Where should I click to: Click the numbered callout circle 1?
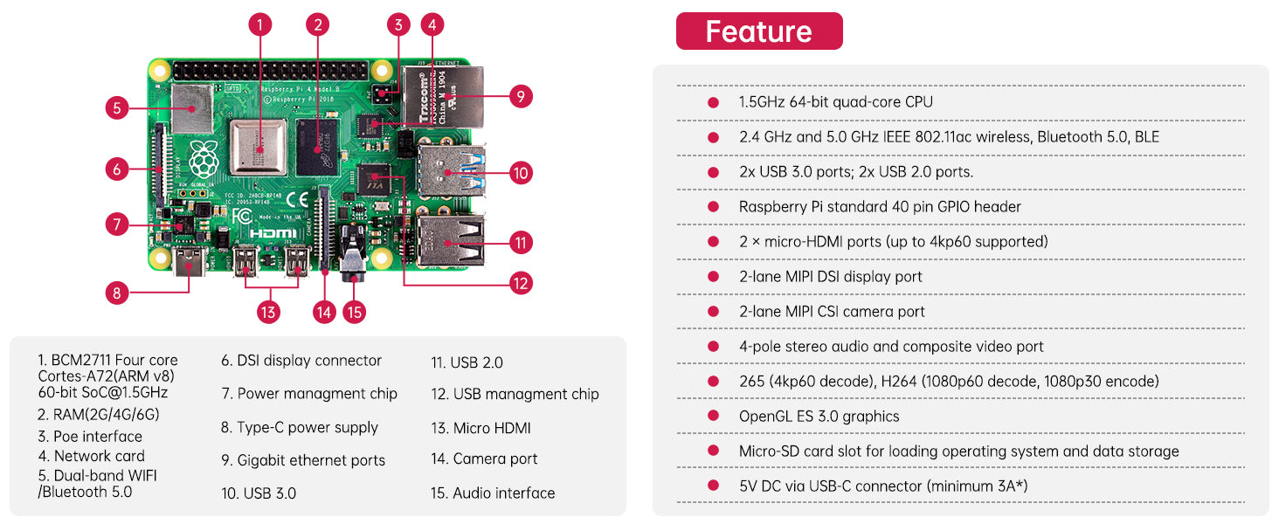pyautogui.click(x=259, y=24)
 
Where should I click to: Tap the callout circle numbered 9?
pyautogui.click(x=520, y=96)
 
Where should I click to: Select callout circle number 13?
pyautogui.click(x=269, y=312)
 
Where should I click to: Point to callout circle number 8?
pyautogui.click(x=117, y=293)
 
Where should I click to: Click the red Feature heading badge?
pyautogui.click(x=758, y=31)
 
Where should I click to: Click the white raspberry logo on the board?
pyautogui.click(x=203, y=157)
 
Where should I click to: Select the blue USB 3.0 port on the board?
pyautogui.click(x=450, y=170)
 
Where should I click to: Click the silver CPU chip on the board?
pyautogui.click(x=259, y=148)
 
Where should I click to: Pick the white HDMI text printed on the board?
pyautogui.click(x=273, y=234)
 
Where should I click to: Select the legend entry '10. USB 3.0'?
pyautogui.click(x=259, y=493)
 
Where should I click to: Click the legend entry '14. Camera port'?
pyautogui.click(x=484, y=458)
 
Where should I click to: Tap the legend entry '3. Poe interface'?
pyautogui.click(x=89, y=437)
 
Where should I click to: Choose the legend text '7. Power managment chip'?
pyautogui.click(x=309, y=394)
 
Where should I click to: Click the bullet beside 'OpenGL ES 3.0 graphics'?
pyautogui.click(x=714, y=417)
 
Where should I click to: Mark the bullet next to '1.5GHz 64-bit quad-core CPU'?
pyautogui.click(x=714, y=102)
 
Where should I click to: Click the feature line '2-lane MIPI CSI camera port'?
pyautogui.click(x=832, y=312)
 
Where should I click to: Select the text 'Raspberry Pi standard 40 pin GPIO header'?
pyautogui.click(x=880, y=207)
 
